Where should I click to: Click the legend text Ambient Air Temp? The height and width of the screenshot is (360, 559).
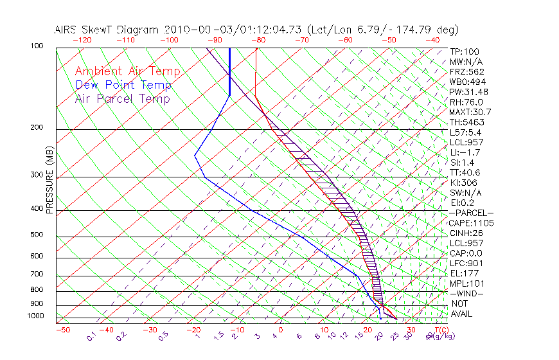127,71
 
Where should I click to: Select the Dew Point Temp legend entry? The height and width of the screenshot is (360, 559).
123,85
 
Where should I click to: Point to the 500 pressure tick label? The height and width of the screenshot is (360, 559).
37,235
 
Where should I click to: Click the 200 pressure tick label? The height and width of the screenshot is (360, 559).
37,128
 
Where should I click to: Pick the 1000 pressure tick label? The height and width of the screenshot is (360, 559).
35,316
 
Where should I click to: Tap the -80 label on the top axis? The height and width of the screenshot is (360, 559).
258,40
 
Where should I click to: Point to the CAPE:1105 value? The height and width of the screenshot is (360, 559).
472,223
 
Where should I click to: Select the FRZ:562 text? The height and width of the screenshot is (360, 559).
467,71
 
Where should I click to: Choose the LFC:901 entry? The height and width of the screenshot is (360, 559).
467,264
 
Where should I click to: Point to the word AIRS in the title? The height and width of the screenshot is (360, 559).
67,30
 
